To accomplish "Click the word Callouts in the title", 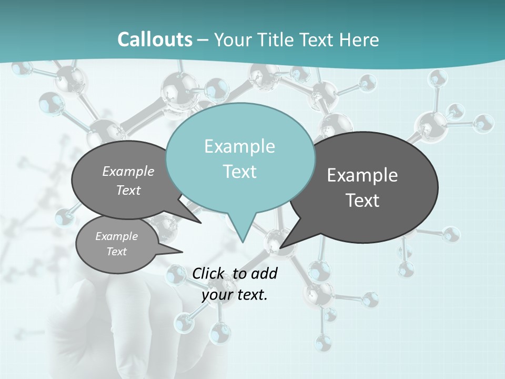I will (x=155, y=39).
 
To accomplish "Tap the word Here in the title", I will (x=359, y=39).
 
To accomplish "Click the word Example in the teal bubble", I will (x=240, y=146).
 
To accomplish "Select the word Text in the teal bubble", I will (x=240, y=172).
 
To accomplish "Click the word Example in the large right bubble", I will (x=362, y=175).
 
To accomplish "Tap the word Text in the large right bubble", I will (x=362, y=201).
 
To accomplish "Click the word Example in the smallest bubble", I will (x=117, y=236).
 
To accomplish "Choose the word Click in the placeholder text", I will (x=209, y=273).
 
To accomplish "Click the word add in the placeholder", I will (x=264, y=273).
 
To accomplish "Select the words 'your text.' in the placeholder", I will (x=235, y=295).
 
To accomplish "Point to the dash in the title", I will (x=203, y=40).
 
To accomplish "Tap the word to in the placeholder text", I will (x=239, y=273).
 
